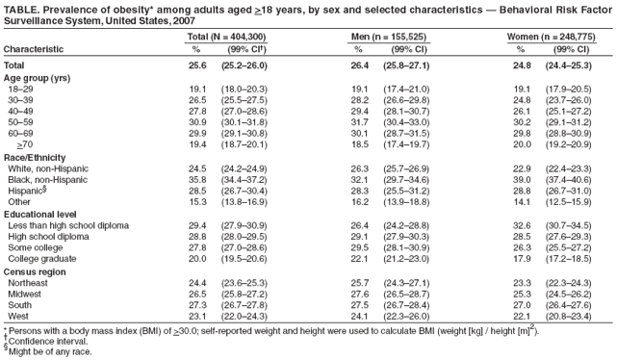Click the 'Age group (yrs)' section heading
click(37, 78)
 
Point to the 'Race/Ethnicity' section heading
click(34, 156)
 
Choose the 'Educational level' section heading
click(40, 214)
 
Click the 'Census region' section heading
click(37, 272)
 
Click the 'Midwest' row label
click(25, 296)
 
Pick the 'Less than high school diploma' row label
click(68, 225)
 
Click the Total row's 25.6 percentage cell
click(199, 64)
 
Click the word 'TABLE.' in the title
click(23, 10)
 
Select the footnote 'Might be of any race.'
click(50, 351)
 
